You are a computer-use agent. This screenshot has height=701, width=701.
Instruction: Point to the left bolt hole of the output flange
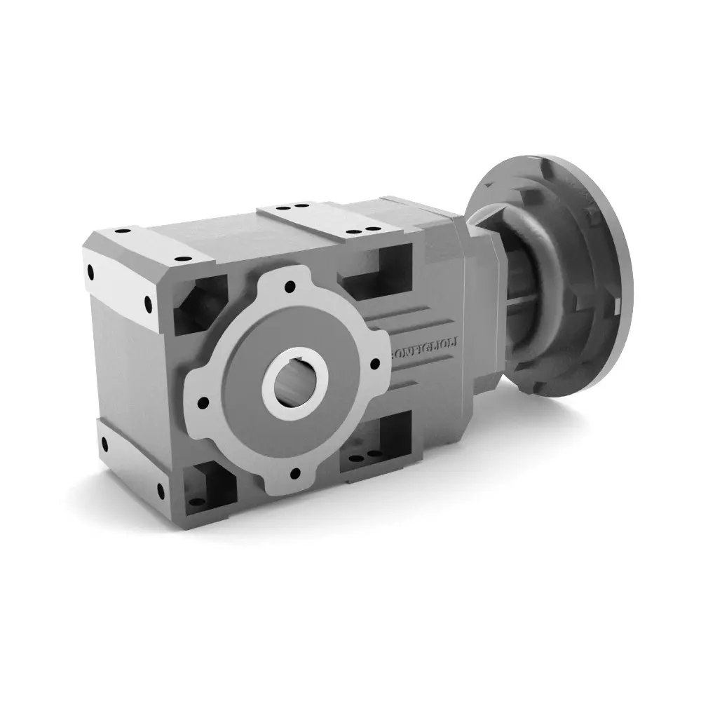click(x=203, y=403)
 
